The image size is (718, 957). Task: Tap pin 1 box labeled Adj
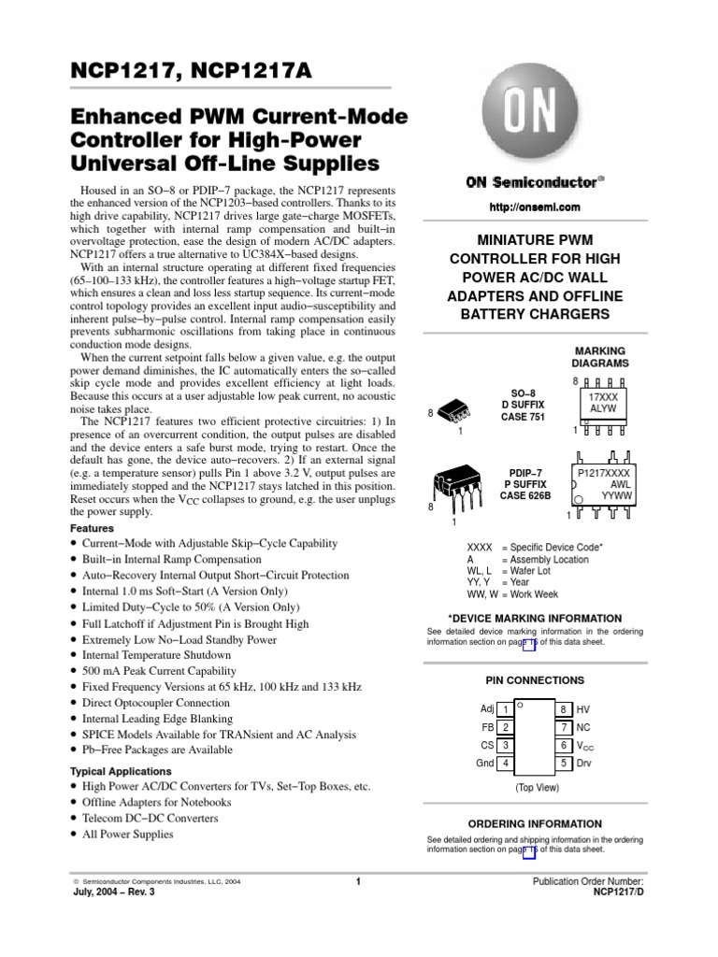(x=505, y=710)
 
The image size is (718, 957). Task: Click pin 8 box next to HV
(x=565, y=710)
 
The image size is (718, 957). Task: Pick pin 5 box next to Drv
(x=565, y=764)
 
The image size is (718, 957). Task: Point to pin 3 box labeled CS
(x=505, y=746)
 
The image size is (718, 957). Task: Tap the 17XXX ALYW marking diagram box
(x=603, y=403)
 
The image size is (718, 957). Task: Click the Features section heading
(x=93, y=528)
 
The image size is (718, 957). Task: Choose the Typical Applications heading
(x=122, y=771)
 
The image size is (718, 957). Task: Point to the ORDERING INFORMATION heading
(x=534, y=823)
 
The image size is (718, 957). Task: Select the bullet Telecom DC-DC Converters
(x=150, y=818)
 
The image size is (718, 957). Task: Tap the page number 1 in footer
(x=358, y=881)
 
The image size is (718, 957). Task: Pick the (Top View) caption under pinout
(x=537, y=788)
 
